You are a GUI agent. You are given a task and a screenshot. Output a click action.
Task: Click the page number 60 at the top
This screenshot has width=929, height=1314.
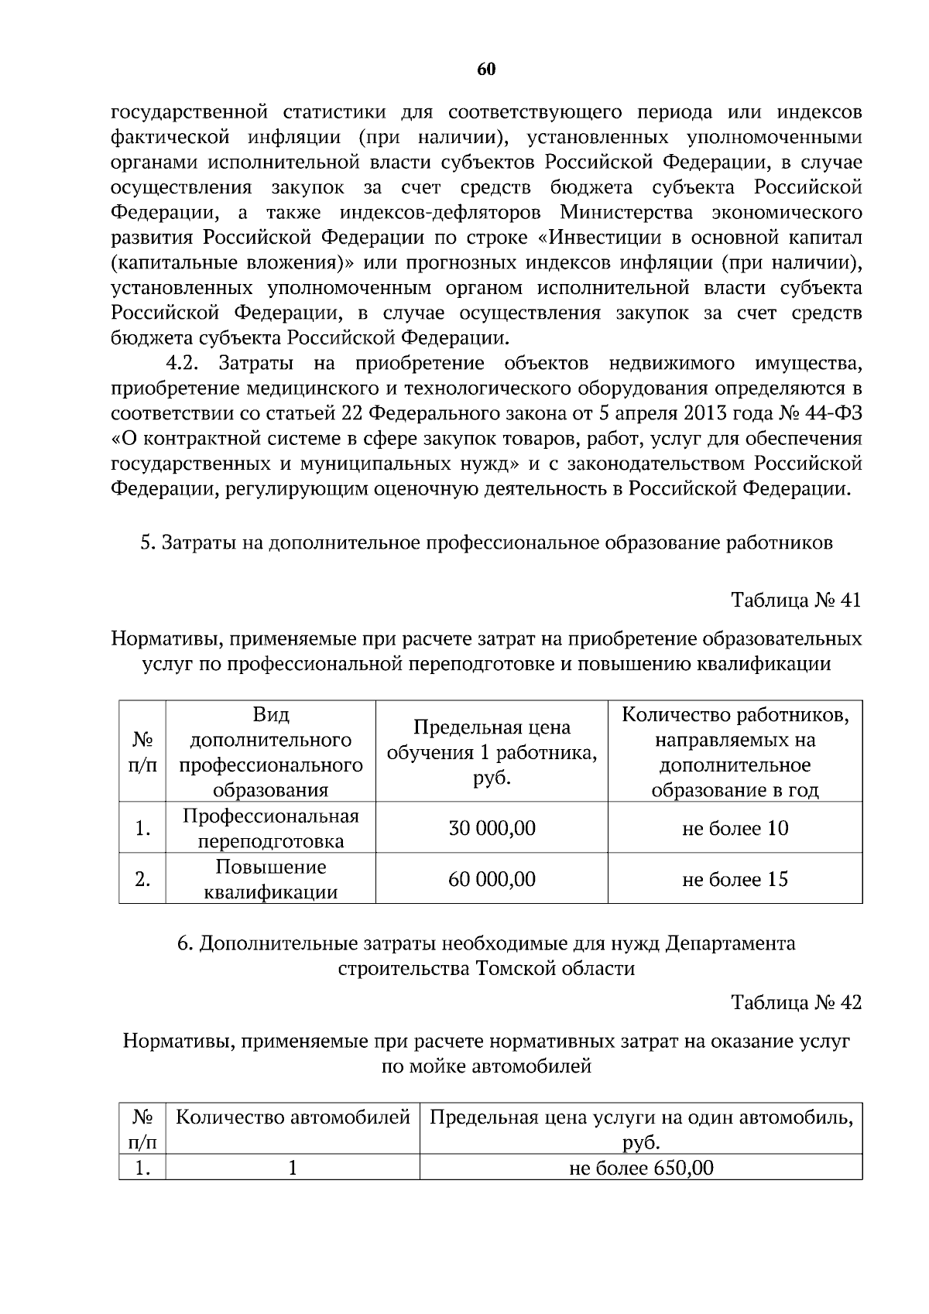click(486, 70)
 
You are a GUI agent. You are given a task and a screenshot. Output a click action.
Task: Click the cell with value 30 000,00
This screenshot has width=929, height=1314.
click(492, 828)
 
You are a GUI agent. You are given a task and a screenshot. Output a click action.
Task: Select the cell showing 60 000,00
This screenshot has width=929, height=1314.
click(492, 879)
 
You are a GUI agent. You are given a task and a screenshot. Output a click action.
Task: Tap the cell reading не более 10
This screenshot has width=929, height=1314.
click(735, 828)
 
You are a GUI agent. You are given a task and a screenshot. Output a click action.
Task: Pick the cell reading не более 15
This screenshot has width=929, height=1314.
click(735, 879)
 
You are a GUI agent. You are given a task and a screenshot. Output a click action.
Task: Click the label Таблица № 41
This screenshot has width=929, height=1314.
click(796, 601)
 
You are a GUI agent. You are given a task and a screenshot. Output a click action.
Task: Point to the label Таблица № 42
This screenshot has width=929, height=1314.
click(796, 1002)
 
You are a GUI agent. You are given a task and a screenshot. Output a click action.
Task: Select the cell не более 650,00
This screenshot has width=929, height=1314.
click(641, 1168)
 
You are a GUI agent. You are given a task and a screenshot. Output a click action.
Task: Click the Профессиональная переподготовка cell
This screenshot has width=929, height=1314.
click(271, 828)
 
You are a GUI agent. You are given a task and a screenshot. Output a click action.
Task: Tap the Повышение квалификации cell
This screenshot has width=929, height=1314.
click(271, 879)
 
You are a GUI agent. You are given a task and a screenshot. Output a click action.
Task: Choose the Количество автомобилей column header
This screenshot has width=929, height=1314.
click(293, 1117)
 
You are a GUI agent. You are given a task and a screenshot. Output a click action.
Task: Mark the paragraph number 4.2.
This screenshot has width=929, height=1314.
click(183, 363)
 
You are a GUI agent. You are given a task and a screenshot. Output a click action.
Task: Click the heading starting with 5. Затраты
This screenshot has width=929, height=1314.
click(486, 542)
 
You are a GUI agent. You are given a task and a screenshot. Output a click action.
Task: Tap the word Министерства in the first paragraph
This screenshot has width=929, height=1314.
click(634, 212)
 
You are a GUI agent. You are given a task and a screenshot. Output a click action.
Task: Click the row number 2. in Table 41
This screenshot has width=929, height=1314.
click(142, 879)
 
